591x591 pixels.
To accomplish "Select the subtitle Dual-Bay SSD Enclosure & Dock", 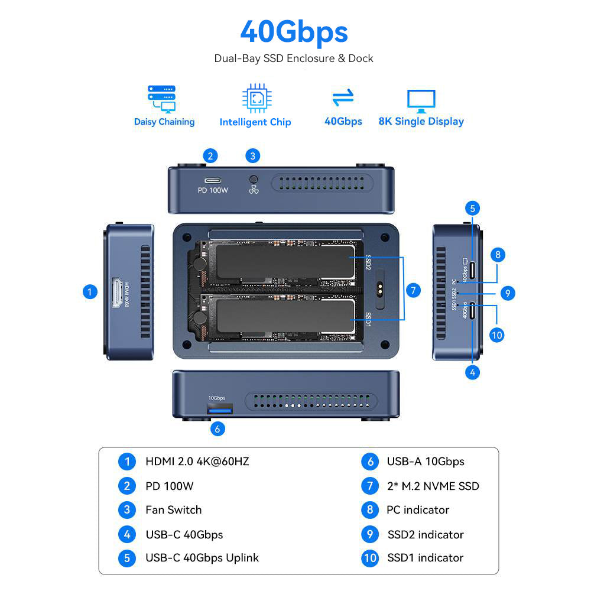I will click(294, 59).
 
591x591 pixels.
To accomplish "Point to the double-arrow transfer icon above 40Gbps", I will click(343, 98).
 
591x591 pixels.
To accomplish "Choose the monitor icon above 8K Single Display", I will click(421, 100).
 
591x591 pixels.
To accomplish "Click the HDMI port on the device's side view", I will click(116, 293).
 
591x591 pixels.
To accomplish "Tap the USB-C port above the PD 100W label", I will click(212, 180).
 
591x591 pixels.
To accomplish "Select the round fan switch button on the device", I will click(255, 179).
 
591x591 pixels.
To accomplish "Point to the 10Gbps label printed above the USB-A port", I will click(217, 398).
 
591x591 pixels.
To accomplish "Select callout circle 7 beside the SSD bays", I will click(414, 290).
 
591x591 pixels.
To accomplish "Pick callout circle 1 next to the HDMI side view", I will click(90, 291).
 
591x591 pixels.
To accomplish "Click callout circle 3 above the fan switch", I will click(253, 156).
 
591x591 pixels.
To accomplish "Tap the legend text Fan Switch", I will click(173, 509).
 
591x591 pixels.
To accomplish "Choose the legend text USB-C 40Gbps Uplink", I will click(202, 557).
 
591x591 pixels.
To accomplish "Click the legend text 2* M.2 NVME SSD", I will click(433, 486).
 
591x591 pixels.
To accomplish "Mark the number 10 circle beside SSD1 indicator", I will click(369, 558).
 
